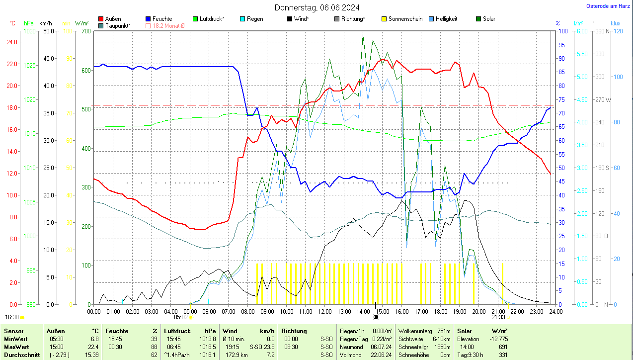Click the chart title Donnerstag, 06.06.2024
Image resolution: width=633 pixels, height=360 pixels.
[317, 7]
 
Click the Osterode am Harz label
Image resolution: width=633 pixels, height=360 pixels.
[608, 6]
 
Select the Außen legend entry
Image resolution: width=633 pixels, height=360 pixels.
[113, 19]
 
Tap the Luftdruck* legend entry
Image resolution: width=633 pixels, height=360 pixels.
[212, 19]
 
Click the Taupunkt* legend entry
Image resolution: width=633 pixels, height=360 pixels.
[118, 25]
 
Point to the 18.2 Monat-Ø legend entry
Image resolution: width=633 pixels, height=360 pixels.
[168, 25]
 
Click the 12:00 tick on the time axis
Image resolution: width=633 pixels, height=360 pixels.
[324, 312]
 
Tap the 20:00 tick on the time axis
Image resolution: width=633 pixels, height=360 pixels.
[478, 312]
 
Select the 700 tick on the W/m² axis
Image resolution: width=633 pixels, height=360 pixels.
[86, 31]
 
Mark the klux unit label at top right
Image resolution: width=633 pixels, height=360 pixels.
[616, 23]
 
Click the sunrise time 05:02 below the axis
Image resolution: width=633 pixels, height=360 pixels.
[181, 317]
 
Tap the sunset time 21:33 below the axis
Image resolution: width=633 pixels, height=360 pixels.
[498, 317]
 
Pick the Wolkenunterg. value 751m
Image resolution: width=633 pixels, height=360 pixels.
[444, 331]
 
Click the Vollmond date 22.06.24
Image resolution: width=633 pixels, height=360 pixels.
[381, 355]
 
